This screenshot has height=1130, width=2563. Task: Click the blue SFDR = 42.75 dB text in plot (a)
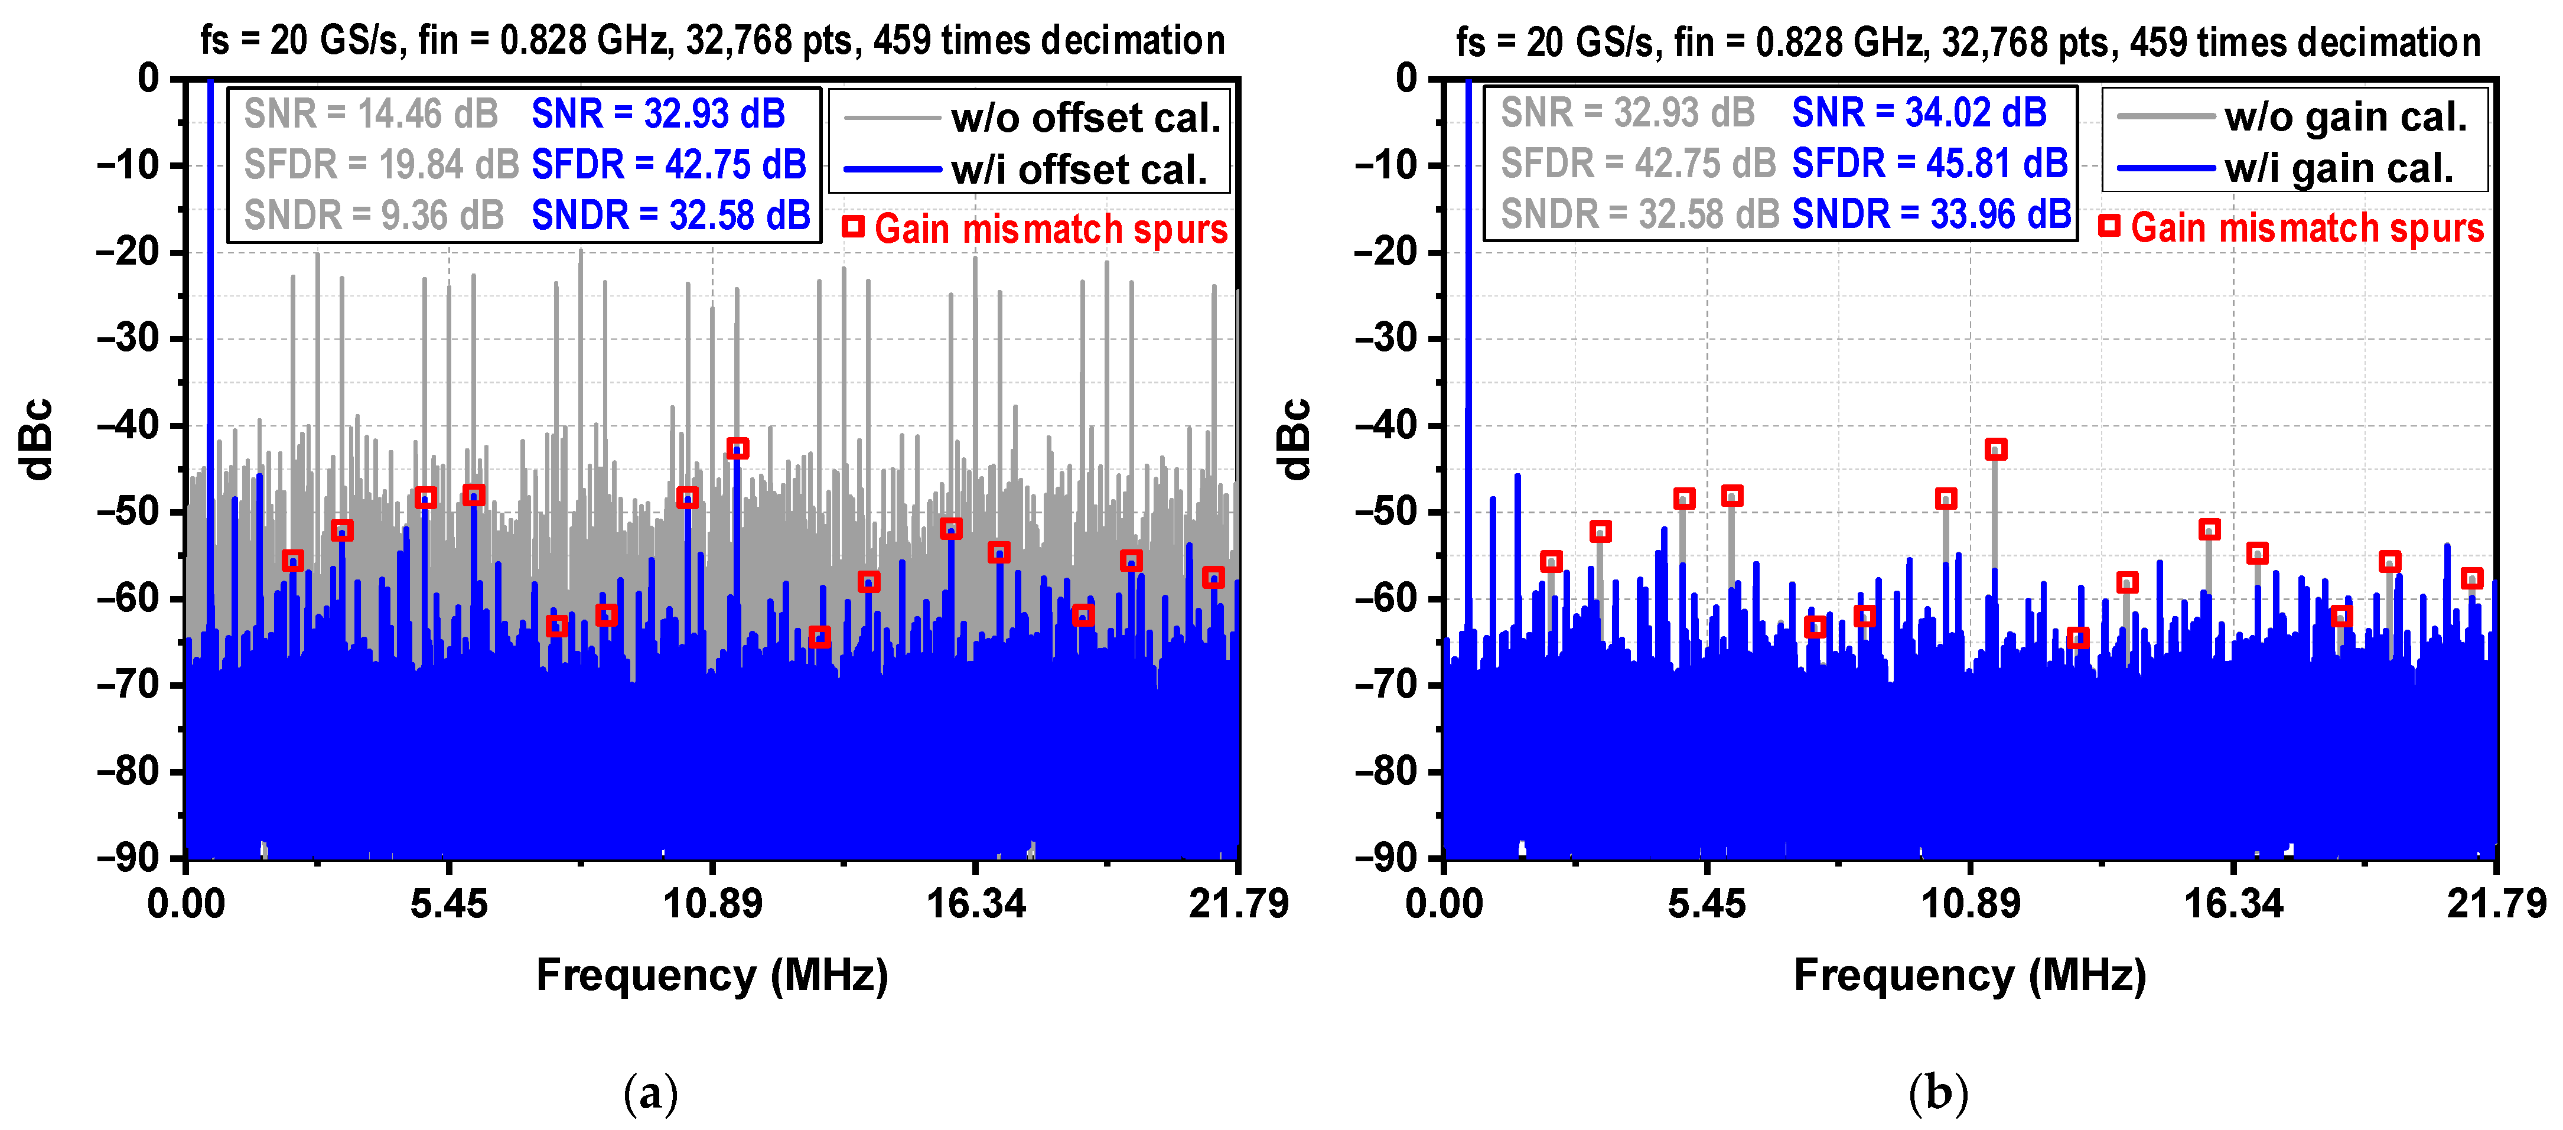tap(669, 164)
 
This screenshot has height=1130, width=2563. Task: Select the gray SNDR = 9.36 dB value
tap(374, 215)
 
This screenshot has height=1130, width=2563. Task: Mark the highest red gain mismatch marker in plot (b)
tap(1995, 450)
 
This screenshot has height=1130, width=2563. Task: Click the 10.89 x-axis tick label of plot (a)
tap(712, 903)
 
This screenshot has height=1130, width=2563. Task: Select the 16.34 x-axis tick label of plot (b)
tap(2233, 903)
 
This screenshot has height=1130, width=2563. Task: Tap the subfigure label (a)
tap(651, 1093)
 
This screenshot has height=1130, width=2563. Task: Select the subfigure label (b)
tap(1938, 1093)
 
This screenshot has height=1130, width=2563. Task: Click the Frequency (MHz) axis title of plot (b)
tap(1969, 975)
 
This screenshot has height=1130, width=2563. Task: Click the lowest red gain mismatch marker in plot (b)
tap(2077, 637)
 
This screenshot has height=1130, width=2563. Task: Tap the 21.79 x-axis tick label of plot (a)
tap(1237, 903)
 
